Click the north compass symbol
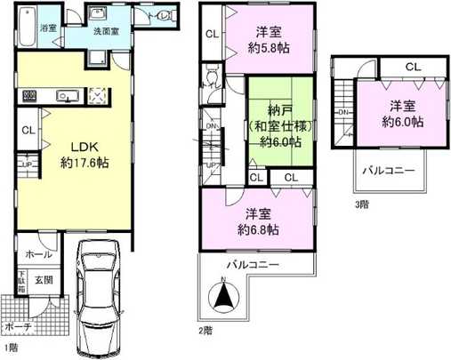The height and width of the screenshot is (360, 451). coord(223,296)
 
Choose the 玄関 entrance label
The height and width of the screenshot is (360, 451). coord(44,279)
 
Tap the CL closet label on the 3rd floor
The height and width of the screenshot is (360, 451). coord(414,68)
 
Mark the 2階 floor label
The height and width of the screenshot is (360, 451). coord(206,329)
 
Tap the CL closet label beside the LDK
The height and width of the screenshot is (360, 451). coord(28,130)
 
